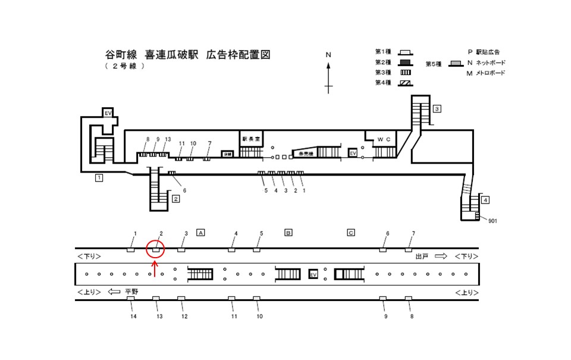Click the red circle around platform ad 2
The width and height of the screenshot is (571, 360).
pos(155,250)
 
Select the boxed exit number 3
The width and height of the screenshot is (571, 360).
pos(437,109)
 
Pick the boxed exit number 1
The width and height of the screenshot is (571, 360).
pos(99,177)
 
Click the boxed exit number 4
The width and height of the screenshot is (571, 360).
pos(485,200)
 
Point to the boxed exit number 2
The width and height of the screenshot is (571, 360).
pos(175,199)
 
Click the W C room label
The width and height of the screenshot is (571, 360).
pos(384,139)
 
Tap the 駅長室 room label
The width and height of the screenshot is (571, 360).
pos(250,139)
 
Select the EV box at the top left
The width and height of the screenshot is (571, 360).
pos(108,113)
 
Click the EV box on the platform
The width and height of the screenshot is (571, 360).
pos(313,274)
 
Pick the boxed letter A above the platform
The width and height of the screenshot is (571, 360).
pos(200,232)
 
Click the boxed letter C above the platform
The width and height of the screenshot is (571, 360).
pos(351,232)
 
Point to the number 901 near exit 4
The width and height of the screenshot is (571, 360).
pos(492,221)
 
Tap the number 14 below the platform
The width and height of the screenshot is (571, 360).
pos(134,317)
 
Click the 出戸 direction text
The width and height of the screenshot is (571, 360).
pos(422,256)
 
